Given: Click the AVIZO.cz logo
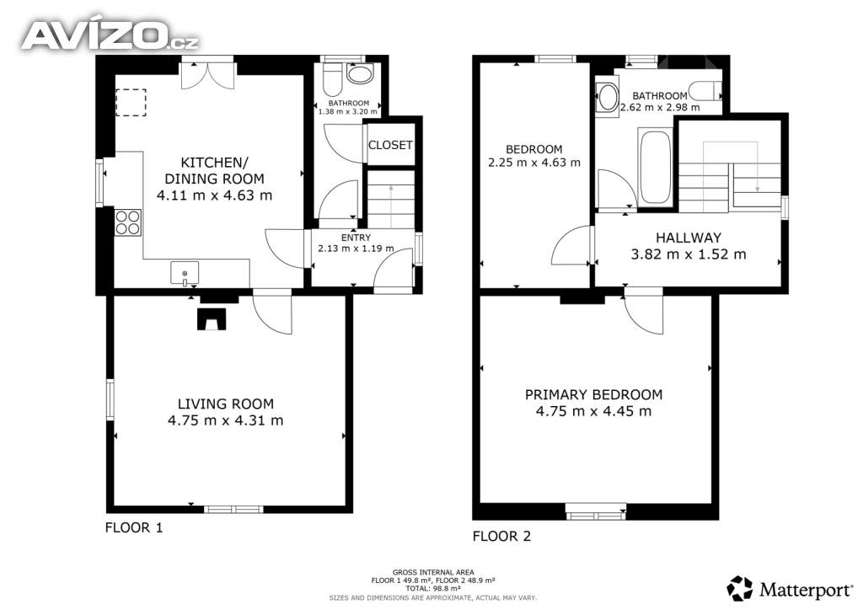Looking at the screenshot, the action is (x=110, y=35).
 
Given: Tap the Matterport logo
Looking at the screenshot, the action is (x=789, y=589).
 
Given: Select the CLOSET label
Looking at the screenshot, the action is (x=390, y=145).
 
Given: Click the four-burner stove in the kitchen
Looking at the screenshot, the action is (x=128, y=222).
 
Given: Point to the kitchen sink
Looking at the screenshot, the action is (x=185, y=273).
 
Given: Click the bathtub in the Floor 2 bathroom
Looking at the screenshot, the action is (x=655, y=167).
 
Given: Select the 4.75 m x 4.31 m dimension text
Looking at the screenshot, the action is (x=226, y=420).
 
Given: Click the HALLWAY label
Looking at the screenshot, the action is (x=689, y=238).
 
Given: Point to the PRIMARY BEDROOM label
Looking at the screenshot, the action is (x=593, y=394).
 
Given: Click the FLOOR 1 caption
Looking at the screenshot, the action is (x=134, y=528).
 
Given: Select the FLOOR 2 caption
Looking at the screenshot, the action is (x=502, y=537).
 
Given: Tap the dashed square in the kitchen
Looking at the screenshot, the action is (x=131, y=103).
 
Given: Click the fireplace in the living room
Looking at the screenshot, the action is (x=212, y=319).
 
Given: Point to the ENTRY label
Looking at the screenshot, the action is (x=356, y=238).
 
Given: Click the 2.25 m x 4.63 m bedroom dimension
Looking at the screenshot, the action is (x=533, y=163).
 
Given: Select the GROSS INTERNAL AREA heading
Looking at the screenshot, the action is (x=433, y=572).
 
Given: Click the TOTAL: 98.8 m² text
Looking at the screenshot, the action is (x=433, y=588).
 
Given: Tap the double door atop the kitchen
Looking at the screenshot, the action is (x=208, y=74).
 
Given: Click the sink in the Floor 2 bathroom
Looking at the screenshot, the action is (x=608, y=98).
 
